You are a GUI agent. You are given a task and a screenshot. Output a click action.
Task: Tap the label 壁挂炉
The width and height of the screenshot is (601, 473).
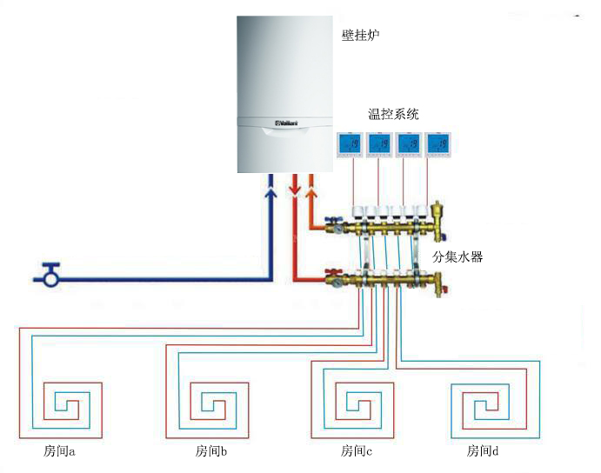362,36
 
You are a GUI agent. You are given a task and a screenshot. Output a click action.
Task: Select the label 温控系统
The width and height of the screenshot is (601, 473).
393,114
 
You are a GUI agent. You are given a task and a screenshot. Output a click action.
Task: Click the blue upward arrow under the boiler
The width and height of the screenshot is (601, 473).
271,186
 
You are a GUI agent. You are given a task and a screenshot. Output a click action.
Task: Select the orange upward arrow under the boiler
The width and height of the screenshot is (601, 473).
311,186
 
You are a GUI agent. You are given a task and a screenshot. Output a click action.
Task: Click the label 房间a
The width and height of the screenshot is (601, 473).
60,452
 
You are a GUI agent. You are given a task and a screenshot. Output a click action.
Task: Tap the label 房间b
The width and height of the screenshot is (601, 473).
211,452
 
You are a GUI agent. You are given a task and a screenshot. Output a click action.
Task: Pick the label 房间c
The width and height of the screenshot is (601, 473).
357,452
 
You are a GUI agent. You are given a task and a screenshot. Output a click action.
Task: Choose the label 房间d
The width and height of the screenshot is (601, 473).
483,452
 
